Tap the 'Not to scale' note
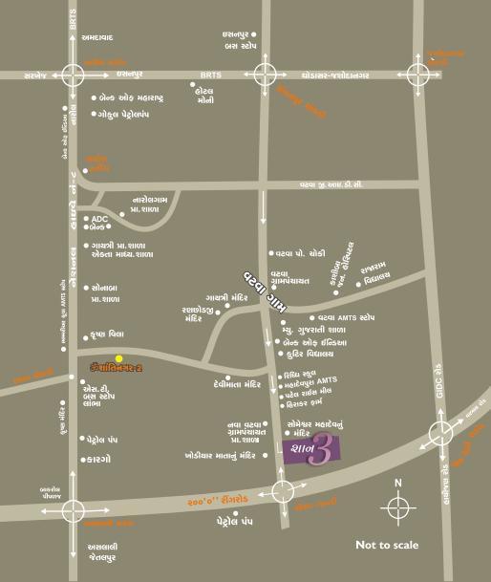387,545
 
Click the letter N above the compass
397,484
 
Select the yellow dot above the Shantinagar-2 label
119,358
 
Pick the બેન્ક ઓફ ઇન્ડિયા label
314,341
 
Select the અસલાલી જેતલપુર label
102,550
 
